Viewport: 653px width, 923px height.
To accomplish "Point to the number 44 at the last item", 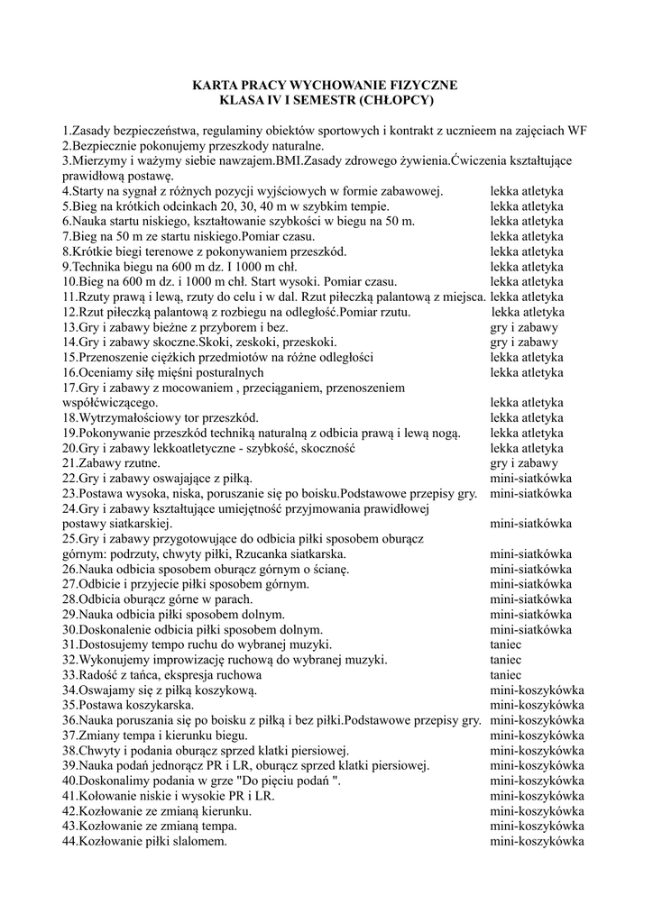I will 69,841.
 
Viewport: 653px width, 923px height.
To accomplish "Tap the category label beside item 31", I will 506,644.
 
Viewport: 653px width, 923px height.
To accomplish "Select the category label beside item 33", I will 506,673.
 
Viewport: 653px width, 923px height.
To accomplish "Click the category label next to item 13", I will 524,327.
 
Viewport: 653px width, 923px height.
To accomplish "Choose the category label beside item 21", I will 524,462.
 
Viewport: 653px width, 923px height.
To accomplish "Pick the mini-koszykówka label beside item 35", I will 537,705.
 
